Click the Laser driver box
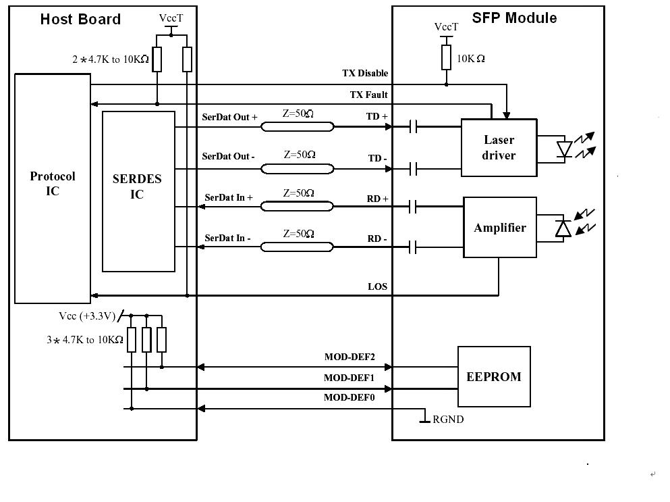click(499, 147)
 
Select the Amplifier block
click(499, 228)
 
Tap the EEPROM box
click(494, 376)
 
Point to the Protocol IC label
click(53, 183)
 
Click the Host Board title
click(80, 19)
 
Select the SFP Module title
click(514, 18)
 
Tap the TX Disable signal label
click(365, 73)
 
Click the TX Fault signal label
click(368, 95)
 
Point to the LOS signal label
click(377, 286)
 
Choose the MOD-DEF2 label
click(350, 357)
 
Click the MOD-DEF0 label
click(349, 397)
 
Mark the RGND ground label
click(448, 420)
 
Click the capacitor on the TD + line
click(414, 126)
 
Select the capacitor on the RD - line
click(414, 248)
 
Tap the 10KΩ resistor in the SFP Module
click(446, 57)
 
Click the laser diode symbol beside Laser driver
click(564, 148)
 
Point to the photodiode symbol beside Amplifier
click(563, 228)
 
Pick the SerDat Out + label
click(229, 117)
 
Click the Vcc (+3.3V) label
click(88, 316)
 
